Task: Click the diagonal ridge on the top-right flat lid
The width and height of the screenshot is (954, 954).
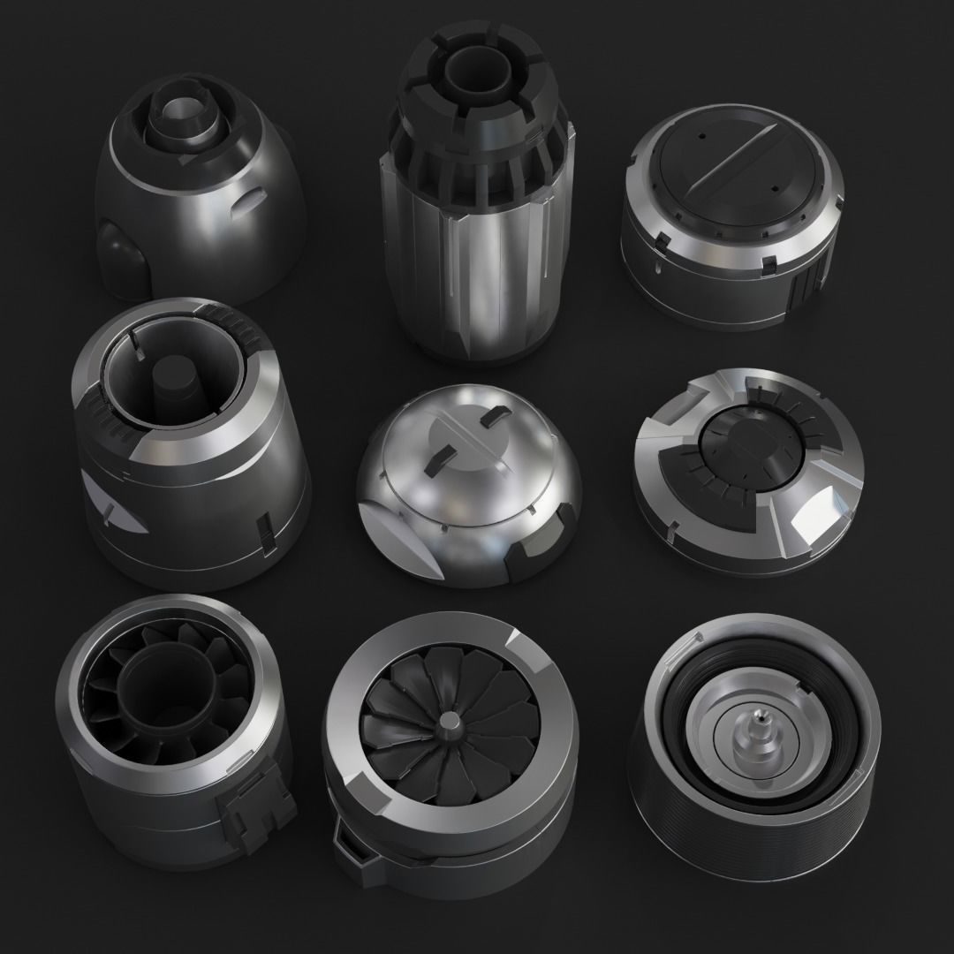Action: coord(725,173)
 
